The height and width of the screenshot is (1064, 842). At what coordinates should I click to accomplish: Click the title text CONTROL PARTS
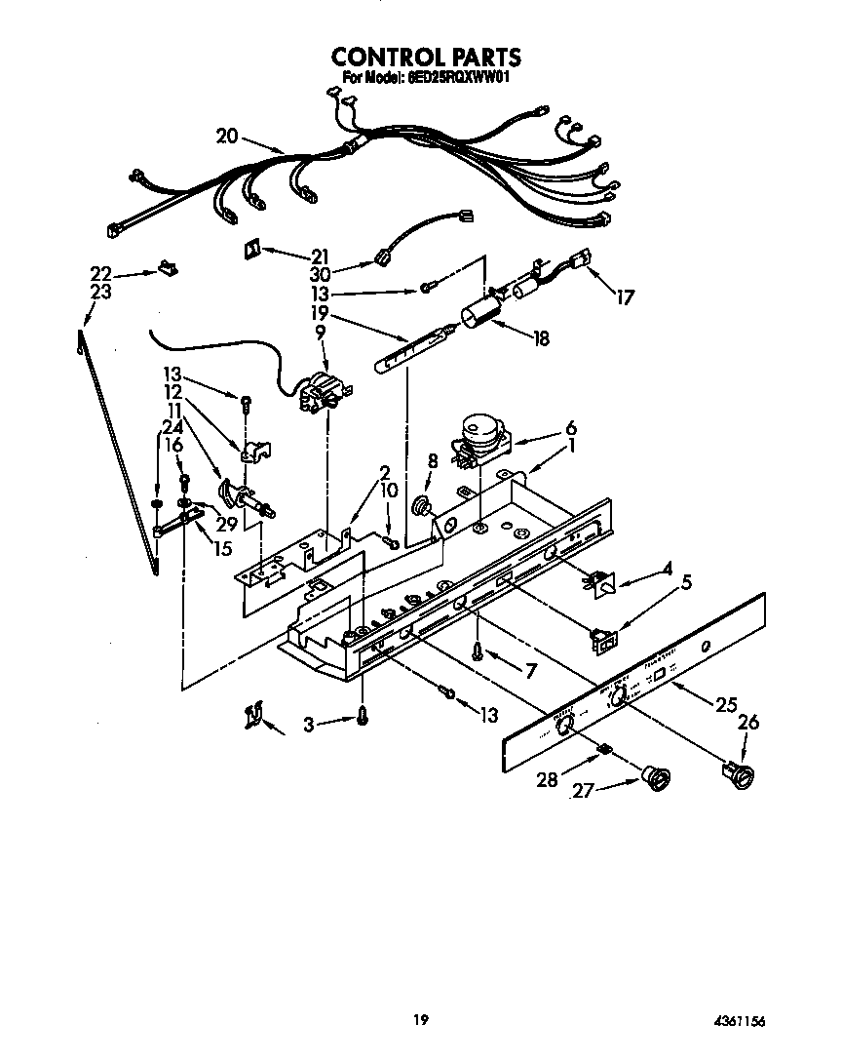tap(426, 58)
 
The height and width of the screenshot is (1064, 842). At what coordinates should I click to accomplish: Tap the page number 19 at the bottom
tap(420, 1020)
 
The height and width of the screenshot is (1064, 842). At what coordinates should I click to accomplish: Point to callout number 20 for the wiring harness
tap(227, 136)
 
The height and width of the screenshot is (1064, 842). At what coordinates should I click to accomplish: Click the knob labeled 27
tap(658, 778)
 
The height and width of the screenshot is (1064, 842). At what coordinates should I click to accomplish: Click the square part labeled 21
tap(250, 249)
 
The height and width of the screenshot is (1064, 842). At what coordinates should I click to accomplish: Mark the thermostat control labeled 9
tap(321, 390)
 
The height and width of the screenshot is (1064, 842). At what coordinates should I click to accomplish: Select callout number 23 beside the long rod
tap(99, 292)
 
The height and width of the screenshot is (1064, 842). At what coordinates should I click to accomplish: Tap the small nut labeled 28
tap(604, 749)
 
